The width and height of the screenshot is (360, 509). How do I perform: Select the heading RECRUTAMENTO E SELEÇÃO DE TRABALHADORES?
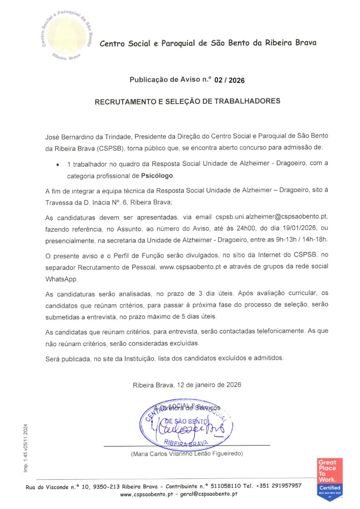point(187,102)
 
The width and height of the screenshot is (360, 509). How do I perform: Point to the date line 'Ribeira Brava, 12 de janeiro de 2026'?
point(187,385)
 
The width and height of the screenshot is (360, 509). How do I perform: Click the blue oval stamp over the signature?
point(186,424)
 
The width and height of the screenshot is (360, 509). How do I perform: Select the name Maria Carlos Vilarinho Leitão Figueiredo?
point(187,454)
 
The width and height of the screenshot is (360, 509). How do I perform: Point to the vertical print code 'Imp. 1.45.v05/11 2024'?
point(25,448)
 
